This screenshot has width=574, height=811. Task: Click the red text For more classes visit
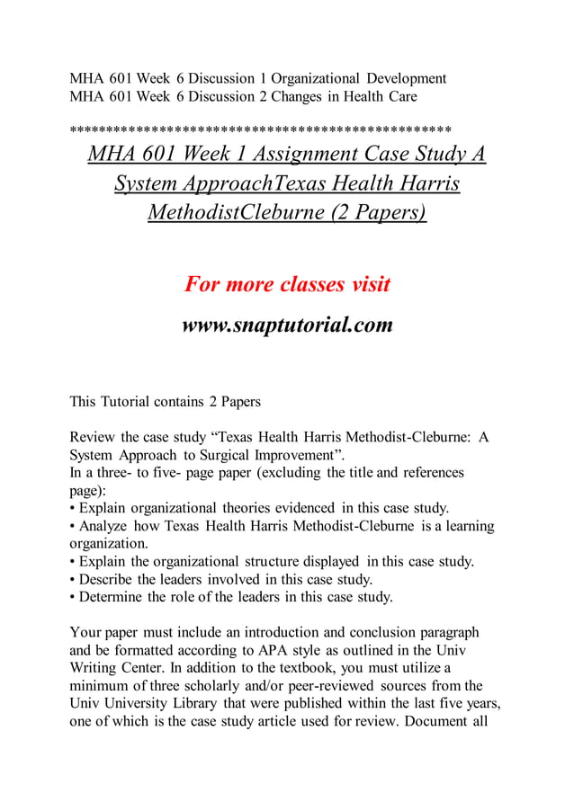[x=287, y=285]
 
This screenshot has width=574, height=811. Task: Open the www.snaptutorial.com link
[x=287, y=325]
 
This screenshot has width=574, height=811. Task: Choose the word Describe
[x=111, y=579]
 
